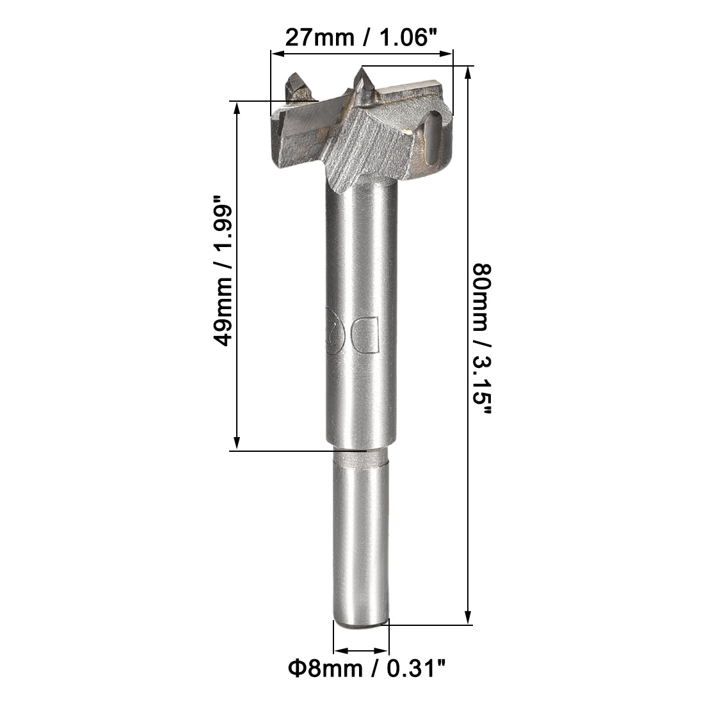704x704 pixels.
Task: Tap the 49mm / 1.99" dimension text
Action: click(x=225, y=276)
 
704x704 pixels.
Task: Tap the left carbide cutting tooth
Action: click(x=298, y=86)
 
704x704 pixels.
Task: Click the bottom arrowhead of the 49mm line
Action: click(x=237, y=445)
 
